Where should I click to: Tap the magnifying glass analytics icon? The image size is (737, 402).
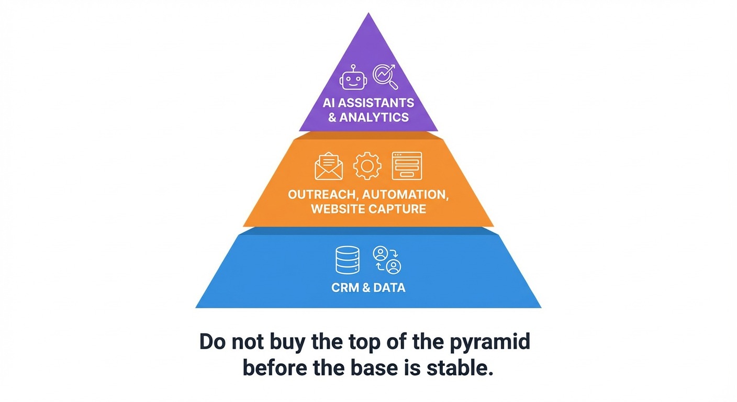click(385, 76)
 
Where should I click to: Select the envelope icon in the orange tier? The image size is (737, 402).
click(329, 166)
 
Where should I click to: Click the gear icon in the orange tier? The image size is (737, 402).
click(367, 166)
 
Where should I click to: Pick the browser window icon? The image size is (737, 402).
click(407, 166)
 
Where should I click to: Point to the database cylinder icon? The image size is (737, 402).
click(347, 260)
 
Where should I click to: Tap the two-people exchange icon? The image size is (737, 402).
click(387, 260)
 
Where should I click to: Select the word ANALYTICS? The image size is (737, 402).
click(374, 117)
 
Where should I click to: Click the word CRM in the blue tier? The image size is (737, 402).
click(343, 287)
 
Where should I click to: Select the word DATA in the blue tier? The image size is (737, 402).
click(390, 287)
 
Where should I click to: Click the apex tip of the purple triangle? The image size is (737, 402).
click(368, 14)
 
